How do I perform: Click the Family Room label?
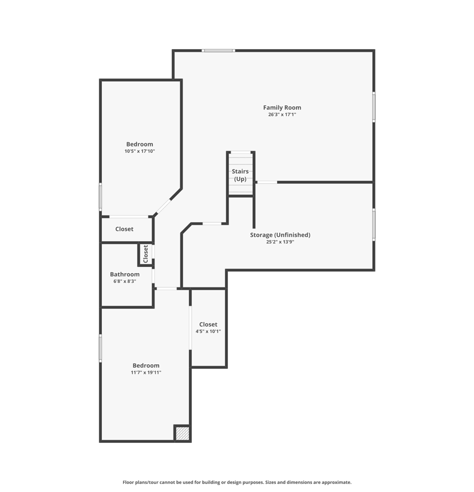(x=282, y=108)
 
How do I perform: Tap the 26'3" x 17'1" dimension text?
(x=282, y=115)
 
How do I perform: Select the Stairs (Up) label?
(x=240, y=175)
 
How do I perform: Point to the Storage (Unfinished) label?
(x=280, y=235)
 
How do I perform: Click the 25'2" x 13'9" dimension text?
(x=280, y=242)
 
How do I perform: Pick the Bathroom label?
(x=125, y=274)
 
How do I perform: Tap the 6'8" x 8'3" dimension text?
(x=125, y=281)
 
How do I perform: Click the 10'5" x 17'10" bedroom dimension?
(x=140, y=151)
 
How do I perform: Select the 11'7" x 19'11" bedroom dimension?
(x=146, y=373)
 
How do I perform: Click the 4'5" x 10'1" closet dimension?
(x=208, y=332)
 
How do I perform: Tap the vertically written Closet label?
(x=145, y=254)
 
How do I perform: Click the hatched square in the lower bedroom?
(x=182, y=434)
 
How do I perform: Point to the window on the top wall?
(x=218, y=50)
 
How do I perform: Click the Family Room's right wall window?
(x=374, y=107)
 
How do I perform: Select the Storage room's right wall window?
(x=374, y=225)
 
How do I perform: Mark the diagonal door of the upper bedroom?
(x=163, y=206)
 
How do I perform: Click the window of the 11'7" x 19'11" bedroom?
(x=101, y=348)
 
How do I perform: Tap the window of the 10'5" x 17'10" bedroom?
(x=101, y=196)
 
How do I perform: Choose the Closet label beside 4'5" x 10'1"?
(x=208, y=324)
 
